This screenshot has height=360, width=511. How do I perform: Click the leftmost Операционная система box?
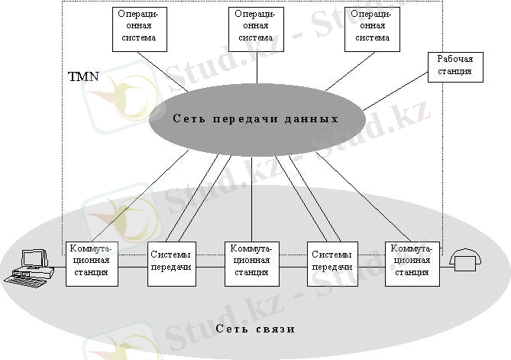[140, 29]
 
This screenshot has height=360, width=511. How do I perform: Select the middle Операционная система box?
[256, 29]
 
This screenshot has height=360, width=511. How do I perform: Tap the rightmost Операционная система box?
[372, 29]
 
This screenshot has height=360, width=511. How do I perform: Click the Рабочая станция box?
[455, 67]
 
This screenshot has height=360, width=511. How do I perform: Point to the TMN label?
[83, 76]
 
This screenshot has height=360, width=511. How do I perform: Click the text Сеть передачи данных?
[255, 118]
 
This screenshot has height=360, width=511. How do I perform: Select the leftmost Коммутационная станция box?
[92, 264]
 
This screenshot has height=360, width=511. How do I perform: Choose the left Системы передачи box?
[172, 264]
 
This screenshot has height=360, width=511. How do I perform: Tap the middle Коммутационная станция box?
[252, 264]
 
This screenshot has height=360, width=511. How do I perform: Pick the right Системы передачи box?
[332, 264]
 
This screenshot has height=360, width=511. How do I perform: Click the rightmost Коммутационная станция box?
[412, 264]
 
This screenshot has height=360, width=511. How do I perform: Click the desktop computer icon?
[29, 269]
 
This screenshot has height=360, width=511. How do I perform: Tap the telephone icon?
[465, 260]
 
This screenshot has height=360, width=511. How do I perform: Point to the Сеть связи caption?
[255, 329]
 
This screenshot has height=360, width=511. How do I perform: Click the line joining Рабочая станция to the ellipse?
[395, 92]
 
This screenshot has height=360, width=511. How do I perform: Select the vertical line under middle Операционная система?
[257, 67]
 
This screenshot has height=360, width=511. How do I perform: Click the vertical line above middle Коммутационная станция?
[251, 199]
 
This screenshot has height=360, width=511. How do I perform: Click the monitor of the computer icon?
[34, 258]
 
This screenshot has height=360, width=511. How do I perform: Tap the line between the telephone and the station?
[445, 268]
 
